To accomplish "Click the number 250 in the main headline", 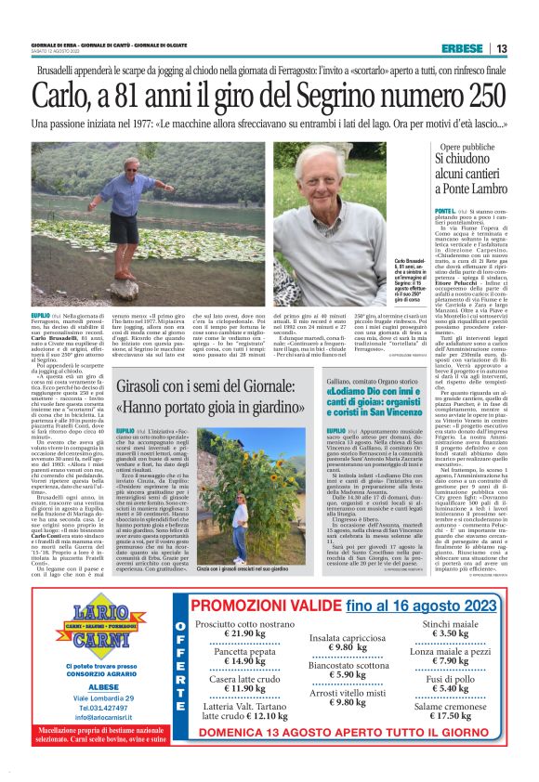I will (x=469, y=94).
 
